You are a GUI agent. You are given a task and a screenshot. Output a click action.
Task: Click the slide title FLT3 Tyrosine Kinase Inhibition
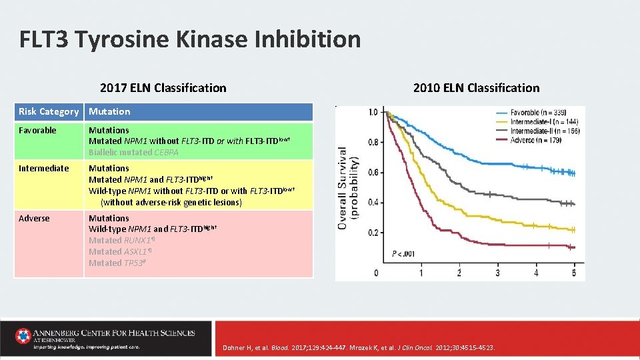pyautogui.click(x=190, y=39)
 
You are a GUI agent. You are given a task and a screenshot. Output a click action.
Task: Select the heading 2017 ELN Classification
pyautogui.click(x=163, y=88)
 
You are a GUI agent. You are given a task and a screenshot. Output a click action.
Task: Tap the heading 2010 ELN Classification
pyautogui.click(x=476, y=88)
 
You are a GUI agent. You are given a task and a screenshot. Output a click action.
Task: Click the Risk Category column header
pyautogui.click(x=49, y=111)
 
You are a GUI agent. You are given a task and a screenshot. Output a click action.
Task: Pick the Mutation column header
pyautogui.click(x=109, y=111)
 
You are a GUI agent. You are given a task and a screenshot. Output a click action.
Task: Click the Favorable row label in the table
pyautogui.click(x=37, y=130)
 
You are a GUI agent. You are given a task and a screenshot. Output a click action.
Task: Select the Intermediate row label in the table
pyautogui.click(x=43, y=168)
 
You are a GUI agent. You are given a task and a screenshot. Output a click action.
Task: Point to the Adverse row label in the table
pyautogui.click(x=34, y=218)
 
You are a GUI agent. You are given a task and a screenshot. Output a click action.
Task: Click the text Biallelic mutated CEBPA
pyautogui.click(x=133, y=153)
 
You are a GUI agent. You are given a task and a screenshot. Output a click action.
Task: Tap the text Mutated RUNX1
pyautogui.click(x=121, y=241)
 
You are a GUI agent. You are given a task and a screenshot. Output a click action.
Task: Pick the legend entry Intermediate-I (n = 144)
pyautogui.click(x=545, y=122)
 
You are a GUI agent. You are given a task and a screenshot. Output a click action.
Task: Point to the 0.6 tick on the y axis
pyautogui.click(x=373, y=173)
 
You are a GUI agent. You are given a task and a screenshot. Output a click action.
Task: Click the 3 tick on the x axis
pyautogui.click(x=497, y=273)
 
